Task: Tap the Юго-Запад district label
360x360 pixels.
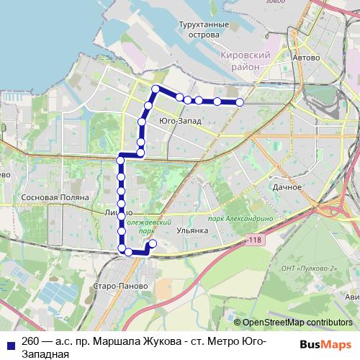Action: point(179,122)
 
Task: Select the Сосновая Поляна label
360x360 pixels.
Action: point(55,197)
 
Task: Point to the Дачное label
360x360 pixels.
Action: point(287,187)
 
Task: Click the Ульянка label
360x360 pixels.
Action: point(192,230)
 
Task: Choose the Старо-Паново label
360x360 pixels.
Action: point(126,286)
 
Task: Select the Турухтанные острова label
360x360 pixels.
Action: point(204,30)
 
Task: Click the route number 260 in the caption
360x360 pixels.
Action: point(31,341)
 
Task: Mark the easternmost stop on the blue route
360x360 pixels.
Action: point(240,102)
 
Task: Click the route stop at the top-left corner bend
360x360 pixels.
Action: point(155,89)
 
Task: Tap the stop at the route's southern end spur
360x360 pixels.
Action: point(152,243)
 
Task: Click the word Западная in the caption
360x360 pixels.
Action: point(45,354)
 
